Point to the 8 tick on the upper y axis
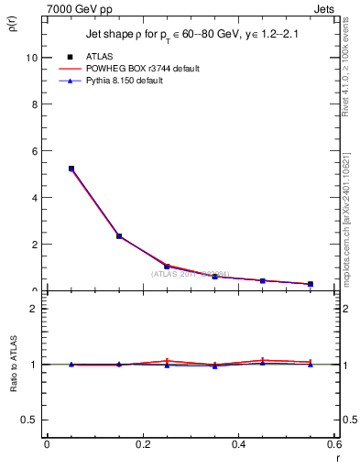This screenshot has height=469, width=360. (35, 104)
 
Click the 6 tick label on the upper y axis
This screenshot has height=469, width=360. (35, 150)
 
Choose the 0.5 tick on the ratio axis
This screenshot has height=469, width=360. (31, 420)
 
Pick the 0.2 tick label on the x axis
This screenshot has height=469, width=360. (142, 444)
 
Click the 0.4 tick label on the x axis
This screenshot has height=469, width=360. (238, 444)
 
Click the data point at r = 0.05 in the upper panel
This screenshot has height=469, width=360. (71, 169)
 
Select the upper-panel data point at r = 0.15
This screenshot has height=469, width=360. (119, 236)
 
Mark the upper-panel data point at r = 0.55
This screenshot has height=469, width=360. (311, 284)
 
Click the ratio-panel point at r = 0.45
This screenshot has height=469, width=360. (262, 361)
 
